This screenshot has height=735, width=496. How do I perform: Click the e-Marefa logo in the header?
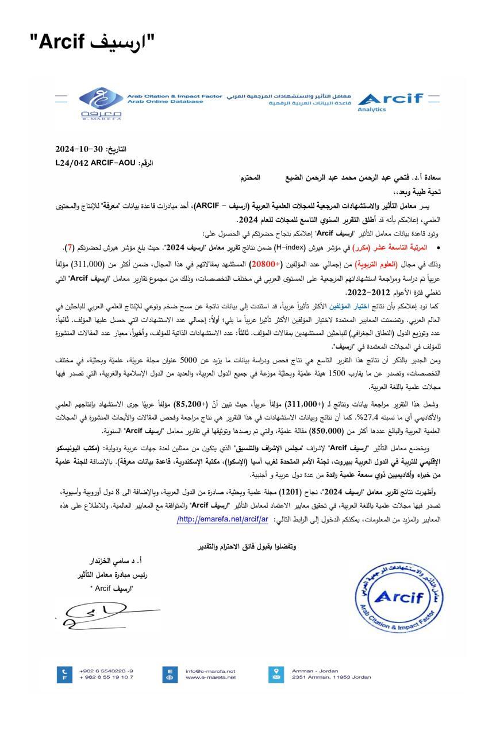tap(101, 103)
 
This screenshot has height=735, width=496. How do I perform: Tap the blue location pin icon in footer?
tap(276, 674)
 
